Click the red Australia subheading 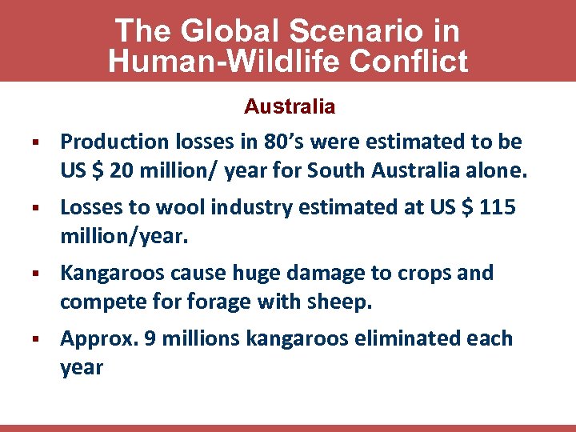(290, 106)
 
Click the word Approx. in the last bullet (100, 339)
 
